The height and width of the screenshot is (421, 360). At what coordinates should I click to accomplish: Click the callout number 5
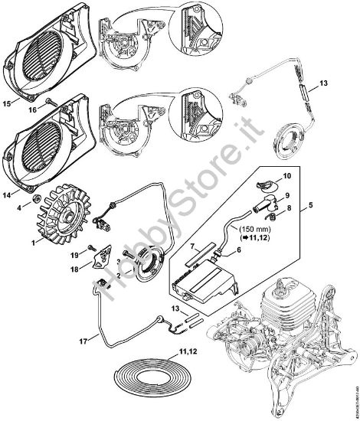311,205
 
